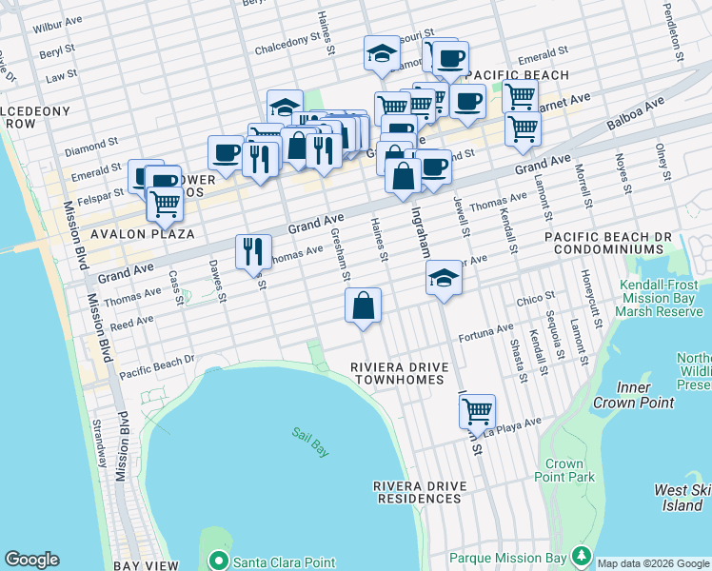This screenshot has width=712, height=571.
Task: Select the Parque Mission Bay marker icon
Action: pos(581,556)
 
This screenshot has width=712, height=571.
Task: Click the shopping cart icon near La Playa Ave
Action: pos(477,411)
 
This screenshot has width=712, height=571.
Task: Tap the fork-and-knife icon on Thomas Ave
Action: pos(252,250)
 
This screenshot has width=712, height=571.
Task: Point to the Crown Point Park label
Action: pos(564,470)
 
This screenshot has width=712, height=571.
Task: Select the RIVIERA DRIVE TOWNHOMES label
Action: pos(397,373)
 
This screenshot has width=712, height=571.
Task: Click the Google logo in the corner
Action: pos(31,560)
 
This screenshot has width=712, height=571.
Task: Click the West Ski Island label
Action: pos(682,498)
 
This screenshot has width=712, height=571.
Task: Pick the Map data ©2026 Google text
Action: pos(652,563)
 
